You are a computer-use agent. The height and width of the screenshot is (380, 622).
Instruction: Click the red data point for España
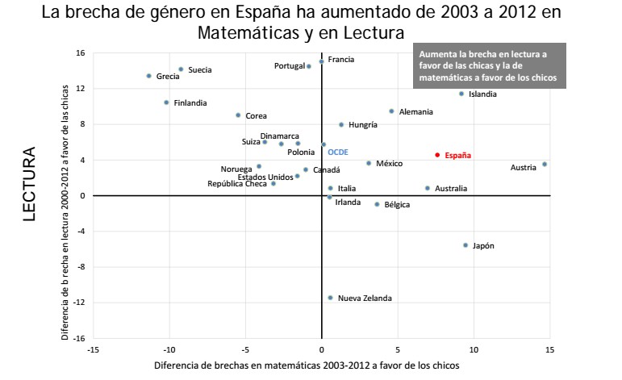[x=437, y=155]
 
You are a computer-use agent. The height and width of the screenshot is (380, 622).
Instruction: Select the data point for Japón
[x=465, y=245]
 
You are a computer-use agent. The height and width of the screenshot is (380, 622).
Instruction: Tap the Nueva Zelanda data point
[x=330, y=298]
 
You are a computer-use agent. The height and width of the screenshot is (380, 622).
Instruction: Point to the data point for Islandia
[x=461, y=94]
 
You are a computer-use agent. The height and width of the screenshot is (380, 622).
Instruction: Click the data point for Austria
[x=545, y=165]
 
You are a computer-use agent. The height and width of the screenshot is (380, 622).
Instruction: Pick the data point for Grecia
[x=148, y=76]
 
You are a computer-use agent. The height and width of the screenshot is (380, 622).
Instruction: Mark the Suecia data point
[x=181, y=69]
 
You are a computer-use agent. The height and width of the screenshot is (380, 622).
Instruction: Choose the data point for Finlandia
[x=166, y=102]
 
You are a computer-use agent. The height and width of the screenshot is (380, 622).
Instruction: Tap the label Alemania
[x=415, y=111]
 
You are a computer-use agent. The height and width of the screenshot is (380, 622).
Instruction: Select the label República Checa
[x=237, y=184]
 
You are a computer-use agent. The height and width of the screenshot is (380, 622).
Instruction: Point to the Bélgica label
[x=397, y=205]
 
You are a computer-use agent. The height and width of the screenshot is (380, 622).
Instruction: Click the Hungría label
[x=363, y=125]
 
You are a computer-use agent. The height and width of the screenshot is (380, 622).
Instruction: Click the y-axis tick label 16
[x=81, y=53]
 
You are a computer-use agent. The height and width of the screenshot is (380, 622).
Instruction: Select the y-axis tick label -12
[x=79, y=303]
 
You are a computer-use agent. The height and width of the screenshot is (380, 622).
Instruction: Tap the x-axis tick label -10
[x=169, y=349]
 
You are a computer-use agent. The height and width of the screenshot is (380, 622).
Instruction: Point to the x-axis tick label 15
[x=549, y=349]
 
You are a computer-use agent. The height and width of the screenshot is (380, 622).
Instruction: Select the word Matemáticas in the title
[x=242, y=34]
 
